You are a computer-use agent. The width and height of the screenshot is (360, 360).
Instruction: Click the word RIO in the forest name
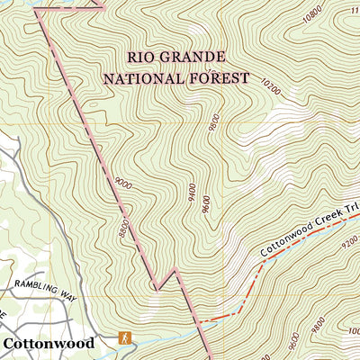point(144,57)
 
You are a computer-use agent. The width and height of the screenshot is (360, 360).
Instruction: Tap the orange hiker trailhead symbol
point(125,338)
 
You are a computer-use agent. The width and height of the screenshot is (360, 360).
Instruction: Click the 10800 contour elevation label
point(312,13)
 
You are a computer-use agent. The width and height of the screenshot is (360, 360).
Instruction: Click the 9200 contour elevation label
point(347,241)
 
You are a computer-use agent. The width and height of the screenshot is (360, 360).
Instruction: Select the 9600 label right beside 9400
point(206,205)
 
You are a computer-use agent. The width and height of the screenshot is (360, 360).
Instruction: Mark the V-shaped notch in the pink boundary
point(157,289)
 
